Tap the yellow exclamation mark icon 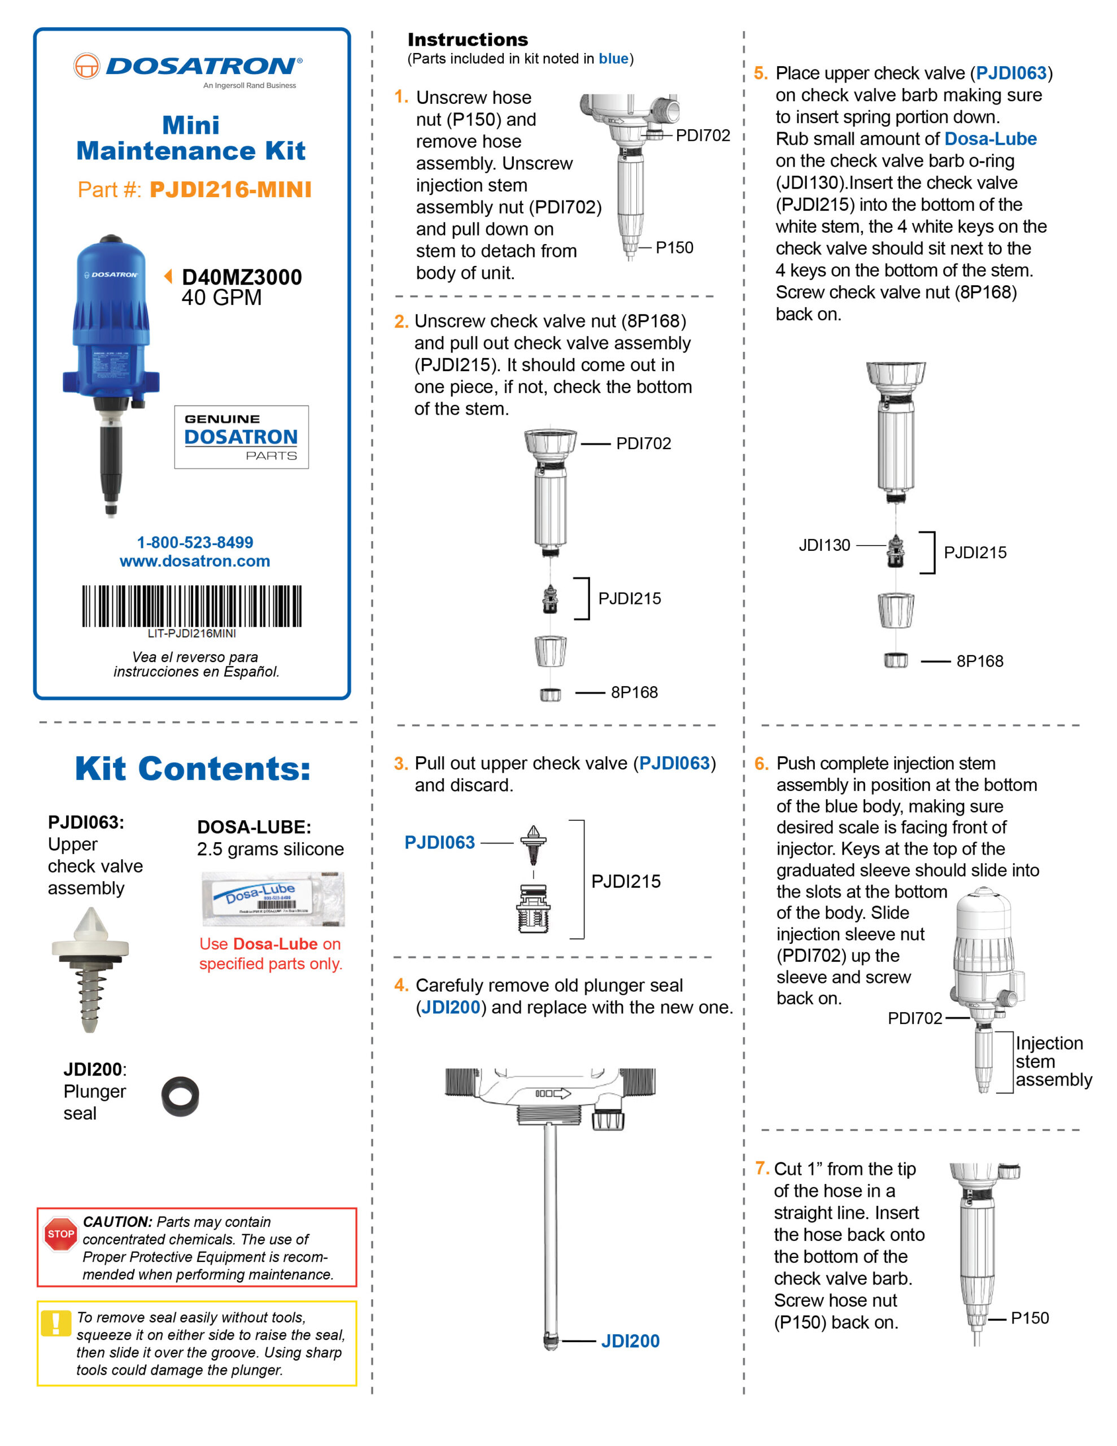pos(55,1323)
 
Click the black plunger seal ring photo pos(180,1096)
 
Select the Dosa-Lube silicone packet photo pos(273,899)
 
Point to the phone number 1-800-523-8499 pos(195,542)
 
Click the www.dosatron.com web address pos(195,561)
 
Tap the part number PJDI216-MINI pos(230,190)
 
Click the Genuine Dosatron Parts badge pos(241,437)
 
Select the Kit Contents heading pos(193,769)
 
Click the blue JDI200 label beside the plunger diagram pos(630,1341)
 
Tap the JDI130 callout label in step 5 pos(824,545)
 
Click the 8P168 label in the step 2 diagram pos(634,692)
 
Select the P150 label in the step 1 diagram pos(674,247)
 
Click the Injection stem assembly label pos(1053,1061)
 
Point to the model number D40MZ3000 pos(242,277)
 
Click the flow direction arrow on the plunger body pos(553,1093)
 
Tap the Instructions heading pos(468,40)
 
